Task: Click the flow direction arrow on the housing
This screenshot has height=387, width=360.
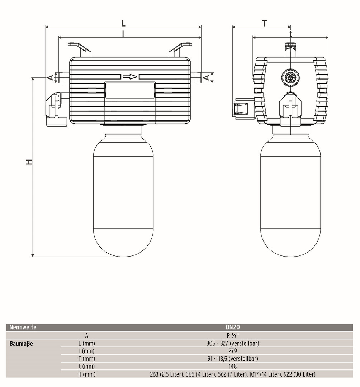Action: tap(130, 77)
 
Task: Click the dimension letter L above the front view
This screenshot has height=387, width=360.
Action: tap(123, 23)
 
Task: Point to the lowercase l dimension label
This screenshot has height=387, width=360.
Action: tap(123, 33)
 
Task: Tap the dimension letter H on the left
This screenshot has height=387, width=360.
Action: tap(29, 162)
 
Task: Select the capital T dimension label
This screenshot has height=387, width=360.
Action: tap(264, 23)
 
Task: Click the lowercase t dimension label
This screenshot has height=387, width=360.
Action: tap(291, 34)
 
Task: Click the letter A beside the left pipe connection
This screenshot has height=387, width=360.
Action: tap(51, 77)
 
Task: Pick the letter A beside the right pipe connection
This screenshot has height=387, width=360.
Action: tap(206, 77)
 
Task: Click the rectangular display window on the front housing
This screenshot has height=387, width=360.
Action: tap(130, 90)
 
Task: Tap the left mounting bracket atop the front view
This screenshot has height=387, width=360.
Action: tap(79, 49)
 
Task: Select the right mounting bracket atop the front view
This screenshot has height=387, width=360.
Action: tap(180, 49)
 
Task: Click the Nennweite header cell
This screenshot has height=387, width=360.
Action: tap(23, 327)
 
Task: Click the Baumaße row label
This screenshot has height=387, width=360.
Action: tap(22, 344)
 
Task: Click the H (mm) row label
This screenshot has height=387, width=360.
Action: tap(86, 374)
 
